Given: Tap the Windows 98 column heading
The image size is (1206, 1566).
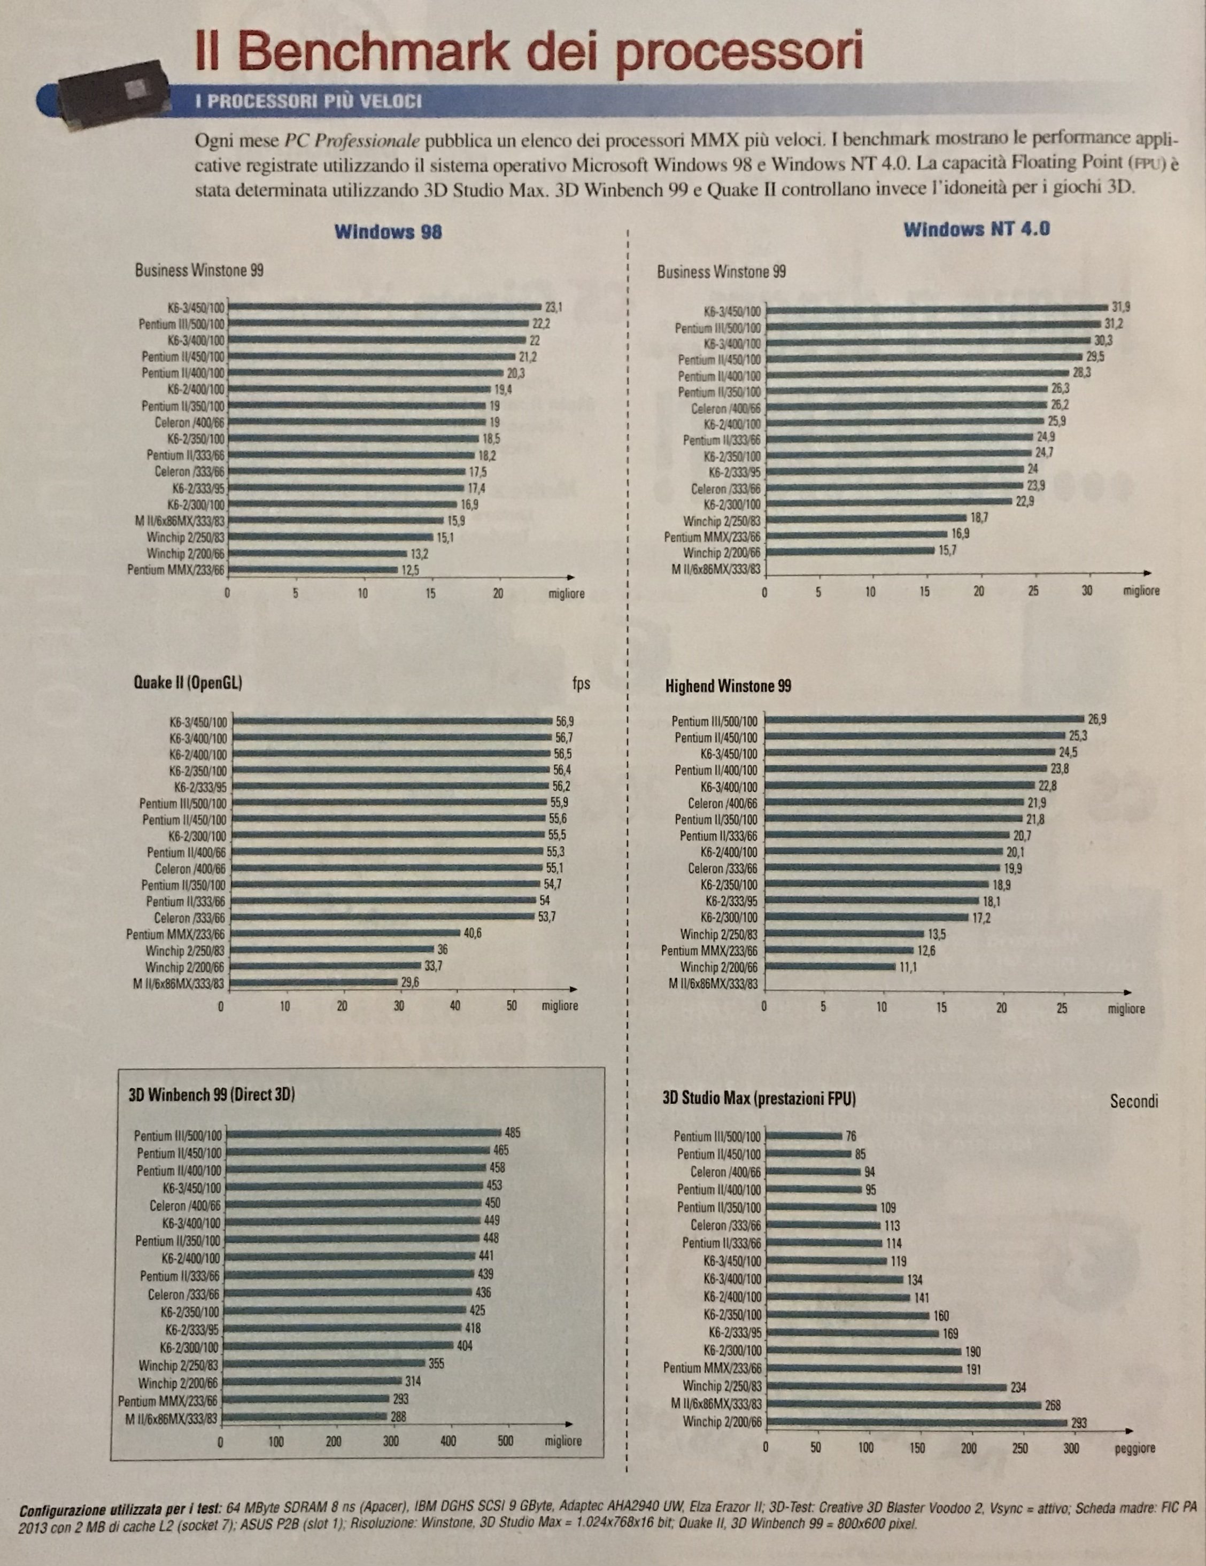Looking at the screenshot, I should click(388, 231).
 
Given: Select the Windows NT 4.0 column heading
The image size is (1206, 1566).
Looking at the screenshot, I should click(977, 229).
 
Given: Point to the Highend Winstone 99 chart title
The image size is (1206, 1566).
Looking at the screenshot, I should click(728, 686).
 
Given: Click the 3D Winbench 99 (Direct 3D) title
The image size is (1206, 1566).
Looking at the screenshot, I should click(212, 1095).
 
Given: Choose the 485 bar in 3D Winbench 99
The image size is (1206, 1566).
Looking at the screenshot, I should click(364, 1134).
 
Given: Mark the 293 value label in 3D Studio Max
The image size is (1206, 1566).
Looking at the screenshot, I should click(1078, 1424).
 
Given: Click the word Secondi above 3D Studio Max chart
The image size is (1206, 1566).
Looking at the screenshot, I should click(1134, 1102).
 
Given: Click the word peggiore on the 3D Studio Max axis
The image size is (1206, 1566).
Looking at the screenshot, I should click(1135, 1449).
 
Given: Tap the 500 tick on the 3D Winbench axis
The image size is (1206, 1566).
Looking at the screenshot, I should click(506, 1441).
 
